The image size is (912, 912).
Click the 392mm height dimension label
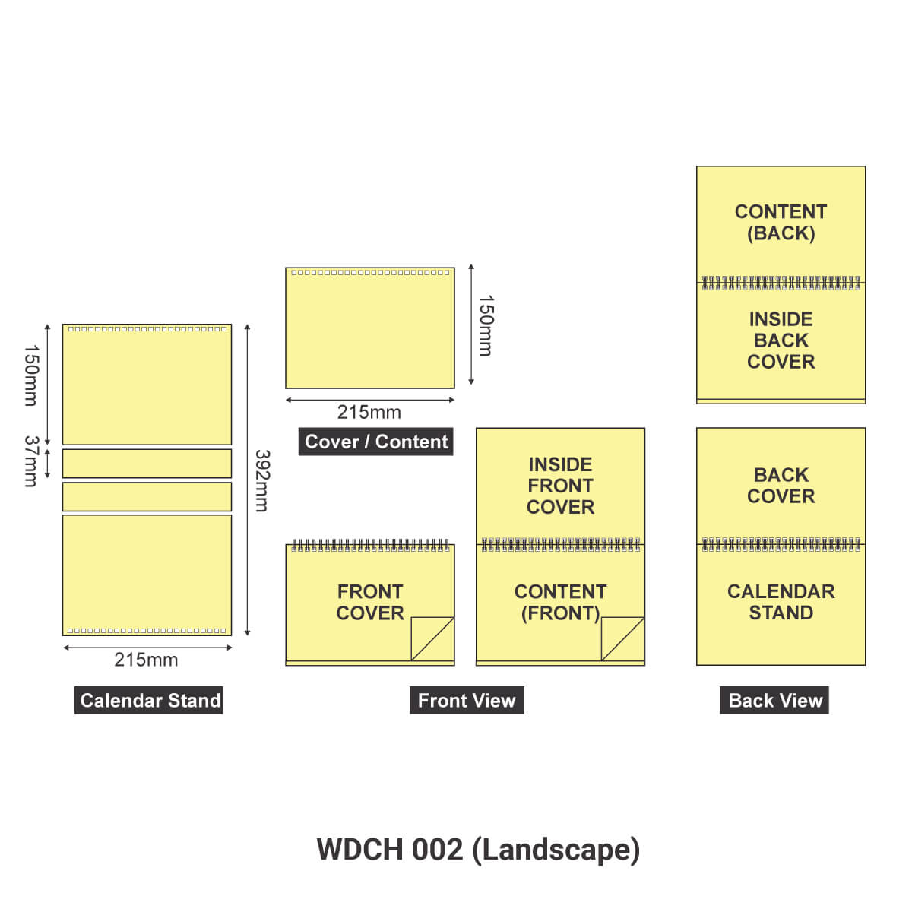point(261,480)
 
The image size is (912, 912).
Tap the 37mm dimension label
point(31,461)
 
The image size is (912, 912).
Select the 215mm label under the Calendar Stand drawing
point(146,660)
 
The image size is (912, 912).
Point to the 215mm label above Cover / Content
point(369,412)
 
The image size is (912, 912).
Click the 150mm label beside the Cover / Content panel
point(486,325)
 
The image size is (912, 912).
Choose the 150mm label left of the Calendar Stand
point(31,375)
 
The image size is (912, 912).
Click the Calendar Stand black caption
point(150,700)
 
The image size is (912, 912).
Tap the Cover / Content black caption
point(376,442)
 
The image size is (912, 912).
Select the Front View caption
point(467,700)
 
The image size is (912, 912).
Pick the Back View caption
point(774,700)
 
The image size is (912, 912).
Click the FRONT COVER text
point(370,602)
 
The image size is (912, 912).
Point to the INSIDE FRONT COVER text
point(560,486)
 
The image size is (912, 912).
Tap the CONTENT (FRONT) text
point(560,602)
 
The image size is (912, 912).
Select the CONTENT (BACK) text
point(781,222)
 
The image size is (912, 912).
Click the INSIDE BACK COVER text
point(781,340)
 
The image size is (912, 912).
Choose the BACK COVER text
point(781,485)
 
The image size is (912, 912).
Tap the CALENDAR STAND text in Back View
point(781,602)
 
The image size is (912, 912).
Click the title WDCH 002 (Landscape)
point(478,849)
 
